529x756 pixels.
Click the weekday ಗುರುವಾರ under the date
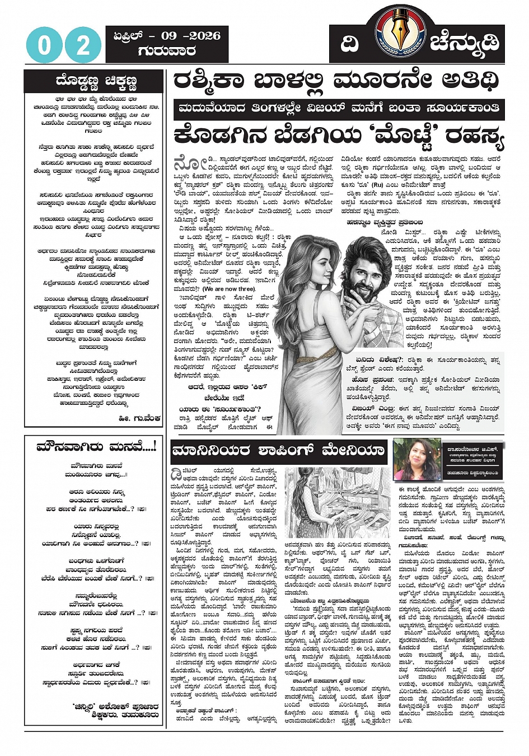(167, 51)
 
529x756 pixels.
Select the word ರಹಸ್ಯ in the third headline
(474, 136)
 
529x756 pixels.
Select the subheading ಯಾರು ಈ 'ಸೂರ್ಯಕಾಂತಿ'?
(220, 409)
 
